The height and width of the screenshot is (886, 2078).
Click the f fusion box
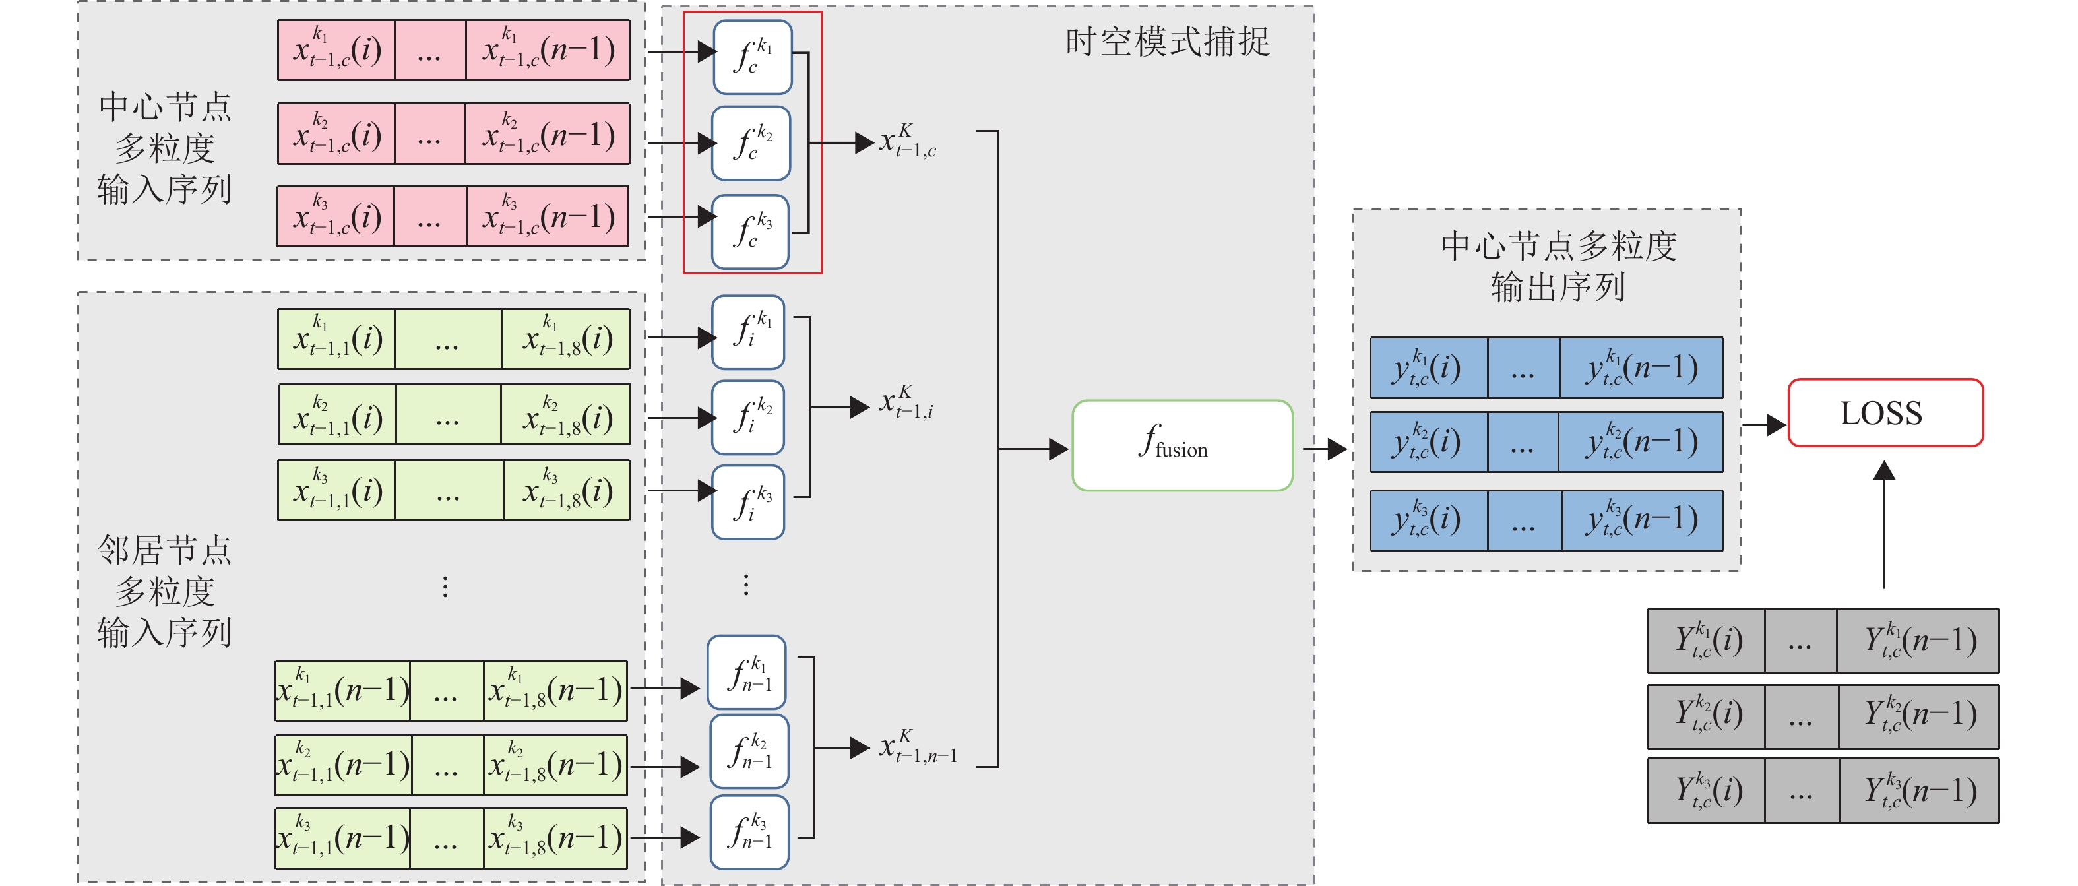[x=1181, y=445]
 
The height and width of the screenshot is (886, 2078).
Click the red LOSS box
[x=1885, y=412]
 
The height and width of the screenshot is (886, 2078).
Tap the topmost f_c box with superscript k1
[x=753, y=57]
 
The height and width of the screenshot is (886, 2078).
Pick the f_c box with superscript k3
[x=750, y=232]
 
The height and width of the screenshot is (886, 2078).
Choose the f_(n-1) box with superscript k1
[x=747, y=672]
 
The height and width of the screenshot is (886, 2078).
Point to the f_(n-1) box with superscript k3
[x=749, y=832]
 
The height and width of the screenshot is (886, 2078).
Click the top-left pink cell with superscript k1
[x=336, y=50]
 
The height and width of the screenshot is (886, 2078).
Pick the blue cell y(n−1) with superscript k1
[x=1641, y=368]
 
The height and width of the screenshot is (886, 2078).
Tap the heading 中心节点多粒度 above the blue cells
[x=1558, y=245]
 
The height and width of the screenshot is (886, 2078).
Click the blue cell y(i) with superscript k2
[x=1428, y=442]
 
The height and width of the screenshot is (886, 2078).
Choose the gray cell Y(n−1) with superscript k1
[x=1918, y=641]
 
